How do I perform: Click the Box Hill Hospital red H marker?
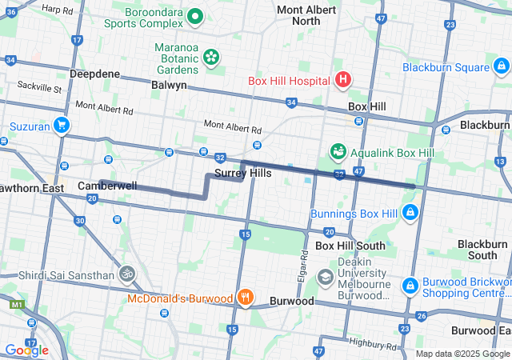[x=343, y=79]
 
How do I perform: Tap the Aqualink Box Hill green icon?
[x=338, y=150]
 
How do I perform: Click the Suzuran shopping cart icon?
[x=61, y=125]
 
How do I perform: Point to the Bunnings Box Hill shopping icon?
[x=410, y=212]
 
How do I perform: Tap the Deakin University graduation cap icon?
[x=325, y=278]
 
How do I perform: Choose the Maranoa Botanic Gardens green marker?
[x=211, y=56]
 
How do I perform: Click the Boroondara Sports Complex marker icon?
[x=194, y=16]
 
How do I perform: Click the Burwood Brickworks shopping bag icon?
[x=410, y=284]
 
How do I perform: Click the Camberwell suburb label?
[x=107, y=186]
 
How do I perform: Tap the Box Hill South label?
[x=350, y=246]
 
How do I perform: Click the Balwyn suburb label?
[x=168, y=85]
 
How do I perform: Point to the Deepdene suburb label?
[x=94, y=74]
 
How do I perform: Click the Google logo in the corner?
[x=26, y=350]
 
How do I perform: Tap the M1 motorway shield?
[x=16, y=305]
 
